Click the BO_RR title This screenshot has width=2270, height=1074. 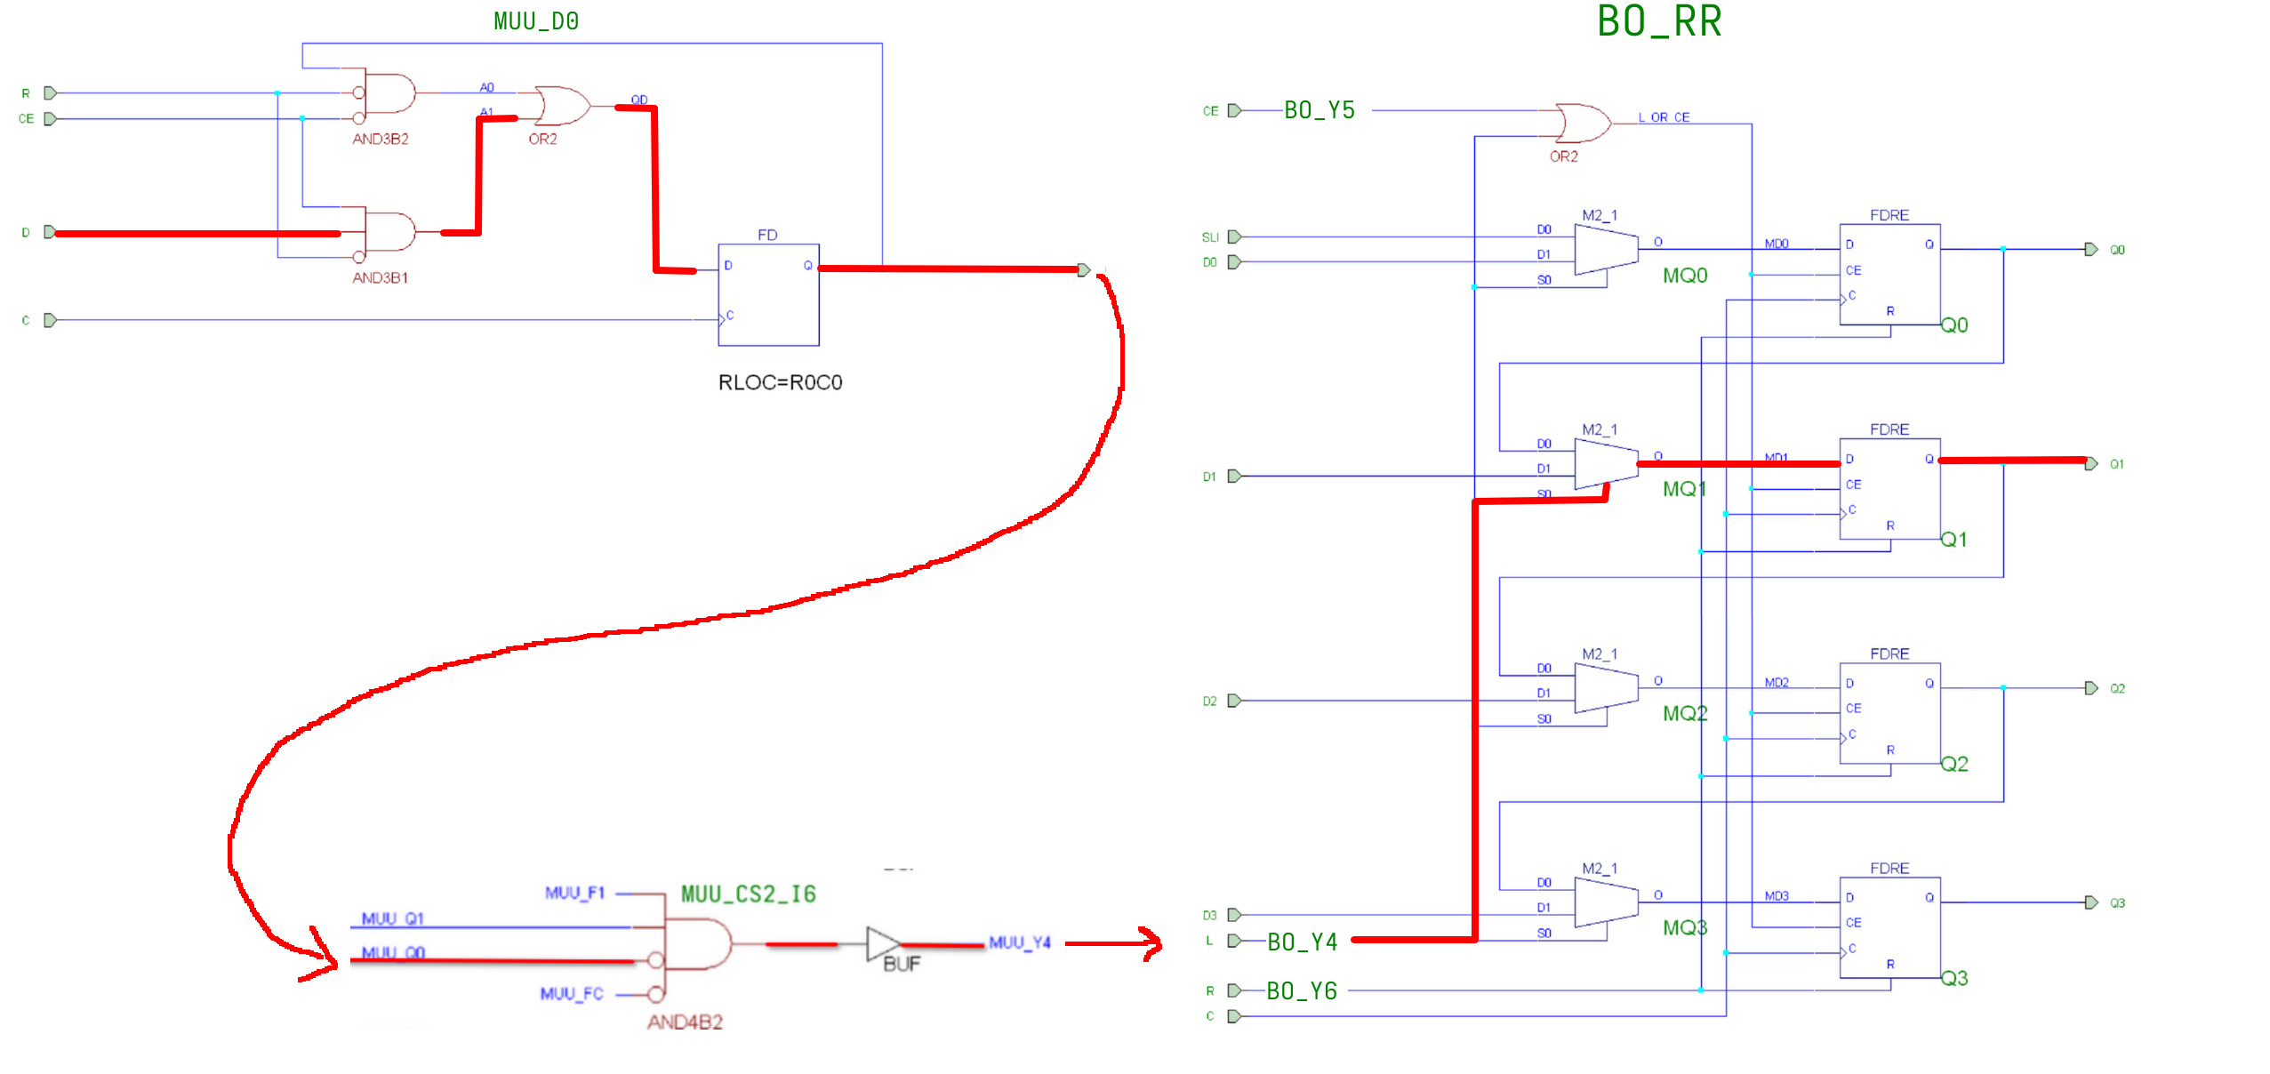click(1658, 21)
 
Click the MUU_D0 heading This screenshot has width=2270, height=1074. click(536, 21)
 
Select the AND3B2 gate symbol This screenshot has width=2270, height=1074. click(389, 93)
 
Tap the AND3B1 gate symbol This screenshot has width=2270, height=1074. click(389, 232)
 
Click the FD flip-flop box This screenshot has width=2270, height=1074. click(768, 294)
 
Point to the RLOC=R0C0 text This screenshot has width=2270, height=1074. click(780, 382)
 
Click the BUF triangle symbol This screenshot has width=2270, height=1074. click(882, 944)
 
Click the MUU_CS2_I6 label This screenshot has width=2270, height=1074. click(749, 894)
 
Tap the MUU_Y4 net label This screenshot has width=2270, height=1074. click(1020, 942)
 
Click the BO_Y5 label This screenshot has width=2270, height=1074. click(1319, 110)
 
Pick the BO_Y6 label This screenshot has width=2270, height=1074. click(1302, 991)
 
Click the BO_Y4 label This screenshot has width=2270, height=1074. click(1303, 942)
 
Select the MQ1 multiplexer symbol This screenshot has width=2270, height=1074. click(1606, 464)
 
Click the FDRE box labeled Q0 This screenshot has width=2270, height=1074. click(1889, 275)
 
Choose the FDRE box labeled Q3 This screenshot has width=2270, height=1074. click(1889, 928)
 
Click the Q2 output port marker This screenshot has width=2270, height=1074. click(2091, 688)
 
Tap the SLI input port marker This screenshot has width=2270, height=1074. click(1234, 237)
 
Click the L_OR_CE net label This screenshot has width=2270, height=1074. click(1664, 117)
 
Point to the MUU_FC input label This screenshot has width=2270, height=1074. click(572, 994)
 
